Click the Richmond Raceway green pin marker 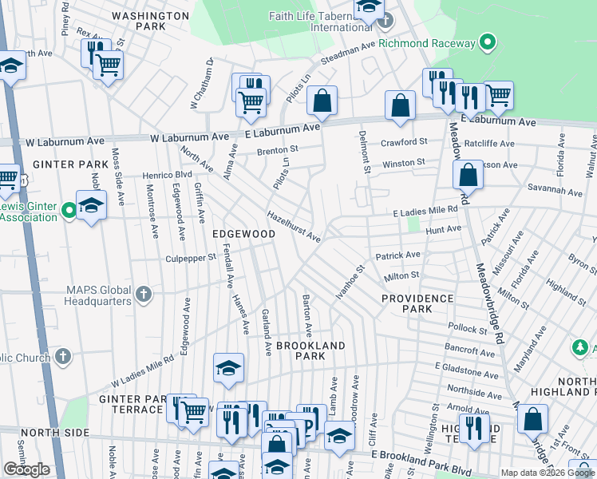488,43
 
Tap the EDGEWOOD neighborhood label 243,234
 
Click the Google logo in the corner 26,469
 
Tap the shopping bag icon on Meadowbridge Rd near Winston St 468,176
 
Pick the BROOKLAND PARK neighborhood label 310,350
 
